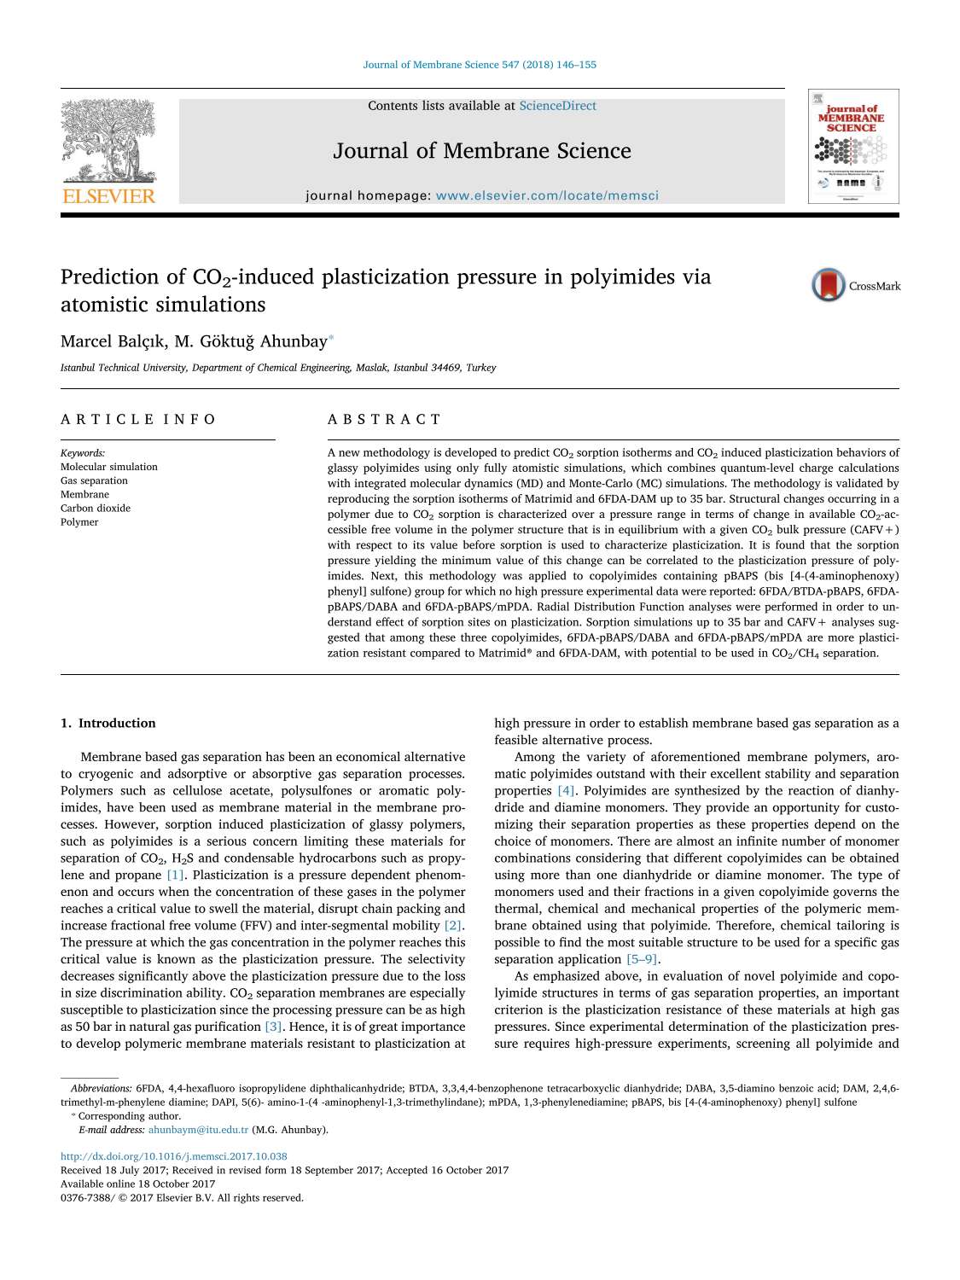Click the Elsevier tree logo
click(108, 142)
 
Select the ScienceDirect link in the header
click(557, 106)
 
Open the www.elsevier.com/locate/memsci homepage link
click(547, 195)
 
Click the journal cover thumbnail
click(852, 147)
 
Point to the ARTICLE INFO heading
click(138, 419)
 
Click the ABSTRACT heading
click(384, 419)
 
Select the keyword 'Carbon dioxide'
click(96, 508)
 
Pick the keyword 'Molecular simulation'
click(109, 467)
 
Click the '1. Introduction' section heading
click(108, 723)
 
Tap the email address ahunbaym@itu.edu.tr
click(198, 1130)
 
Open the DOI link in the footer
click(174, 1156)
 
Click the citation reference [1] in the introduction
click(176, 875)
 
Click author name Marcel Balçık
click(112, 341)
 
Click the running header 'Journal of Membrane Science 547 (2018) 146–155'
click(480, 65)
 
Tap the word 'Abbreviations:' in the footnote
click(102, 1088)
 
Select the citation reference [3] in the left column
click(273, 1027)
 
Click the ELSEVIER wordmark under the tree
click(109, 197)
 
